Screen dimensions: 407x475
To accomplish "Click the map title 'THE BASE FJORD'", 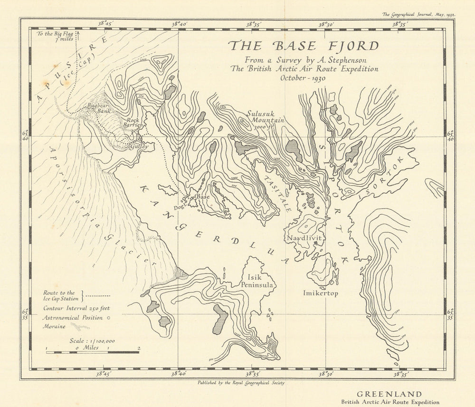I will point(304,46).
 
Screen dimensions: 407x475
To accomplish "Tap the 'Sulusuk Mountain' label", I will point(265,117).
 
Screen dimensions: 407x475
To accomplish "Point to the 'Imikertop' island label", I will point(321,293).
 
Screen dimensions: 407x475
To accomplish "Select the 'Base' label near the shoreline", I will point(202,196).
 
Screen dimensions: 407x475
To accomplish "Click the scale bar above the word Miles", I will point(93,352).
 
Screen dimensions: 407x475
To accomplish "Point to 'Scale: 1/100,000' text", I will point(92,341).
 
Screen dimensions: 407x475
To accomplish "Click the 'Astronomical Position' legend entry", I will point(73,317).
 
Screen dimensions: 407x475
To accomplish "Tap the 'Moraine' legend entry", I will point(55,327).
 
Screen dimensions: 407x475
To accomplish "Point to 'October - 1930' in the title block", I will point(303,78).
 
